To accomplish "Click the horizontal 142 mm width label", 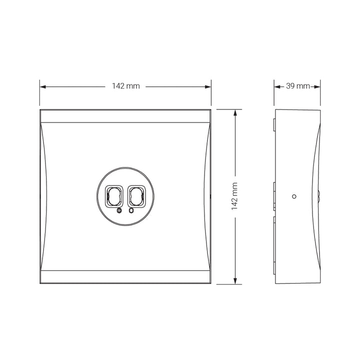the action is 126,86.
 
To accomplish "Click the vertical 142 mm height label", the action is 234,196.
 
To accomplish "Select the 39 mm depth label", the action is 298,86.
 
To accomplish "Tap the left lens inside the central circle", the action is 113,196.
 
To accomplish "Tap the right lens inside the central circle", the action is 137,196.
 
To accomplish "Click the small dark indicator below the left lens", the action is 119,210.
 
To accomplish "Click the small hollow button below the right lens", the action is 131,210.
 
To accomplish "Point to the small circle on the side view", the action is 294,196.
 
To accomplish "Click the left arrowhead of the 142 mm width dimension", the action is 43,87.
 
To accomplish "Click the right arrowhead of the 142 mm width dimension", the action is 208,87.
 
